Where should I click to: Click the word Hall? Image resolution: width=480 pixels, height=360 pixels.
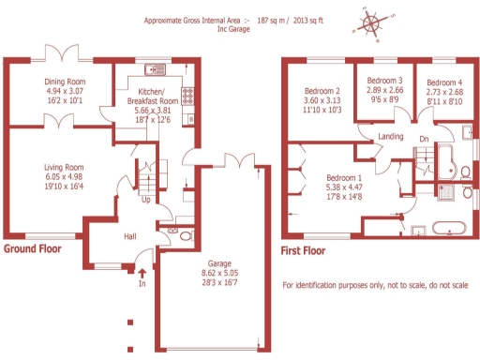[131, 236]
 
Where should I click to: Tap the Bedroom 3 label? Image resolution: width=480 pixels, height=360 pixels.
[384, 81]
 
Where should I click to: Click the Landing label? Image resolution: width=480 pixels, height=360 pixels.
[391, 137]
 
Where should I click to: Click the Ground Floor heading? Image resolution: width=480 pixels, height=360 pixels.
[33, 250]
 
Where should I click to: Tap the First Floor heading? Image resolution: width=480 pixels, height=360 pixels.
[305, 251]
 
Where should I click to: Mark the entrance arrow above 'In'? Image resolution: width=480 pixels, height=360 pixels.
[142, 273]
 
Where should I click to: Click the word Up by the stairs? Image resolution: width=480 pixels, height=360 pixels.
[145, 200]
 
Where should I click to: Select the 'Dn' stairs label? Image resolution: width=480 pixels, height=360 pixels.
[424, 140]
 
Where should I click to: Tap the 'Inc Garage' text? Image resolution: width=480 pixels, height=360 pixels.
[234, 29]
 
